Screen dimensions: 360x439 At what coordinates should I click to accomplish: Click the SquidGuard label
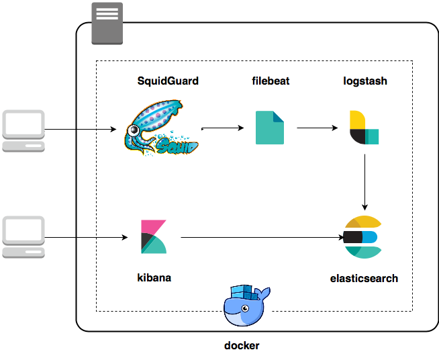(167, 81)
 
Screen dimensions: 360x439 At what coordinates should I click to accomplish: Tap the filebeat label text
(270, 81)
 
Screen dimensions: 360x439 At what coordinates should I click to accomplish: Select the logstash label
(364, 81)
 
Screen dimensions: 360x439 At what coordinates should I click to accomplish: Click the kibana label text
(154, 277)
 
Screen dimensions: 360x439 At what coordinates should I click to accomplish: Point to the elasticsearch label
(364, 278)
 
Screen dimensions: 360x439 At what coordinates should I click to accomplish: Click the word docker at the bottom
(242, 346)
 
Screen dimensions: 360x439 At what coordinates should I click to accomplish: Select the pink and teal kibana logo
(154, 236)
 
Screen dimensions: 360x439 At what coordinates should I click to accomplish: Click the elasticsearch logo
(362, 237)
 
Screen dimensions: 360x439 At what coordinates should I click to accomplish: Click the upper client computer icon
(23, 130)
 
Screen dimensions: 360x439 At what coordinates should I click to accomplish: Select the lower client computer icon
(23, 237)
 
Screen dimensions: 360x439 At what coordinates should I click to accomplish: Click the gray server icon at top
(107, 22)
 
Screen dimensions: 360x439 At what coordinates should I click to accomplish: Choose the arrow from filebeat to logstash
(317, 128)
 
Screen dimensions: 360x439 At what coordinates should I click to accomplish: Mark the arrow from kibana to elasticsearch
(262, 237)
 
